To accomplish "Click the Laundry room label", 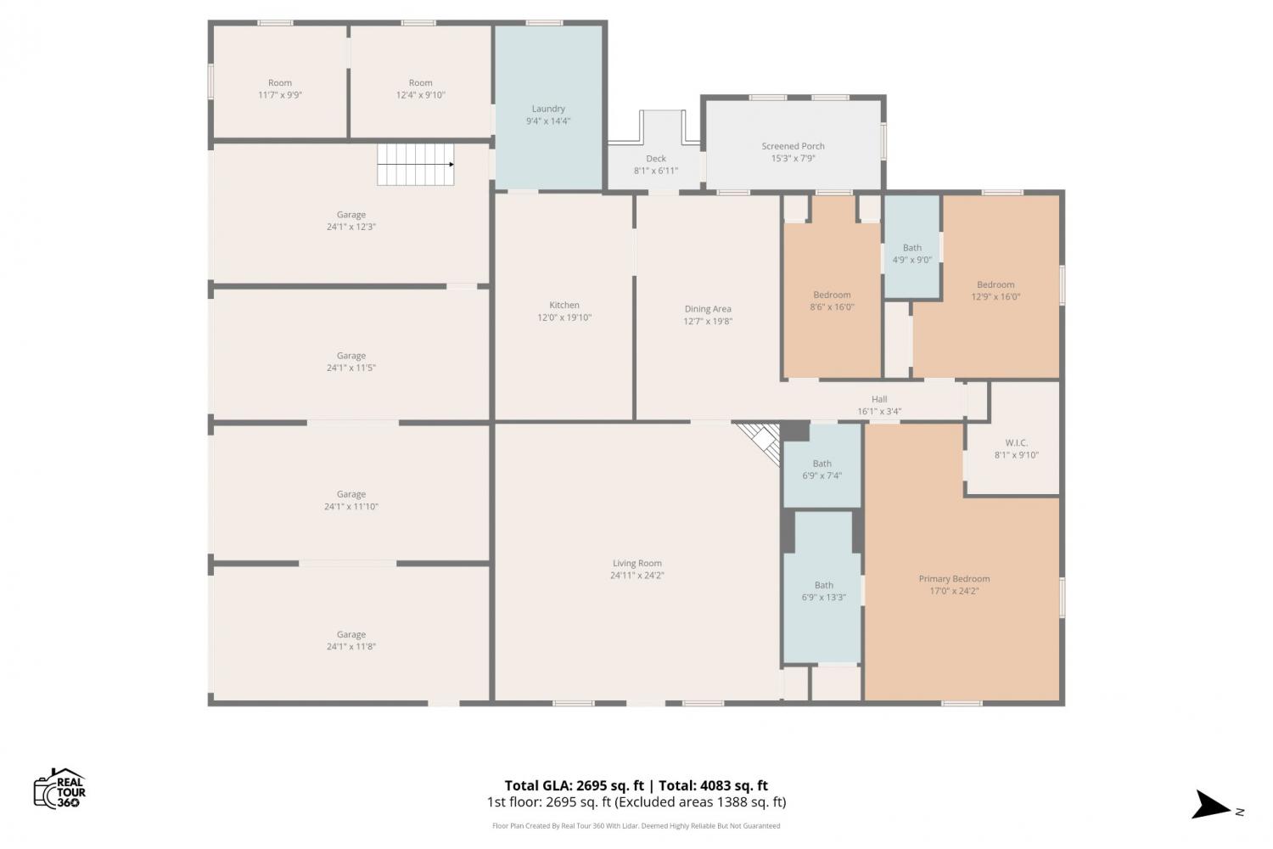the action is tap(548, 109).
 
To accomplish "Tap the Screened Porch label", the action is tap(793, 146).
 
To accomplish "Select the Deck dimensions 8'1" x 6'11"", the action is tap(656, 171).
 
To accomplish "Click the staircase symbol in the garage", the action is tap(416, 165).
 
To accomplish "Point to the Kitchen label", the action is tap(564, 306).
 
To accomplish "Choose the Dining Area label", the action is tap(708, 309).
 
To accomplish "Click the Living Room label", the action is tap(637, 563).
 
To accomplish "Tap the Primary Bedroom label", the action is tap(954, 579).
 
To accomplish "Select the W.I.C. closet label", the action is tap(1016, 442).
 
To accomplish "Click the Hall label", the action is tap(879, 399).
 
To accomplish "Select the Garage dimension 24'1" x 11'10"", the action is tap(351, 507).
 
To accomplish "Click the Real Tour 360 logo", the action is tap(59, 788).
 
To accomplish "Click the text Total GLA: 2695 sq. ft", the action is tap(574, 785).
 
